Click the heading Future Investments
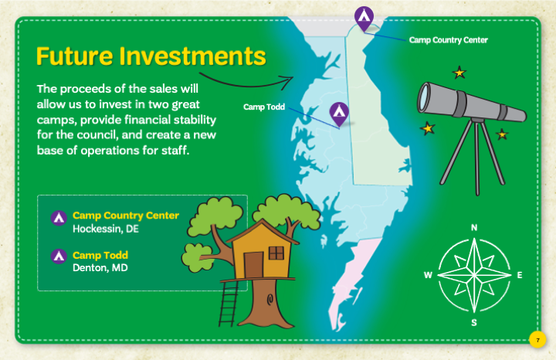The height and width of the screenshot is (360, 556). pyautogui.click(x=151, y=56)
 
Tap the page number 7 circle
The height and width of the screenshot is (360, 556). pyautogui.click(x=537, y=340)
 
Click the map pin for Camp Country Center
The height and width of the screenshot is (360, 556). pyautogui.click(x=364, y=18)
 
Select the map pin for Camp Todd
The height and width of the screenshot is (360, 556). pyautogui.click(x=339, y=114)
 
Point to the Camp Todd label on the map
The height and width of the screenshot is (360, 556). pyautogui.click(x=264, y=107)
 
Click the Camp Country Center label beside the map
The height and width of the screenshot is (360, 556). pyautogui.click(x=448, y=40)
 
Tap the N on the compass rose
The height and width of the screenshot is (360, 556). pyautogui.click(x=474, y=227)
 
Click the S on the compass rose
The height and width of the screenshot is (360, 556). pyautogui.click(x=474, y=322)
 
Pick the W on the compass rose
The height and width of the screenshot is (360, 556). pyautogui.click(x=428, y=275)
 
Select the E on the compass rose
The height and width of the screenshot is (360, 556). pyautogui.click(x=520, y=275)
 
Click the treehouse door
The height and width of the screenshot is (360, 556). pyautogui.click(x=253, y=265)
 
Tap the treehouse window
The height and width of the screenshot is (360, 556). pyautogui.click(x=276, y=253)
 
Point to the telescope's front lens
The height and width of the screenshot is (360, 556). pyautogui.click(x=423, y=97)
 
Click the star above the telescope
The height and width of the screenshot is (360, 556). pyautogui.click(x=459, y=73)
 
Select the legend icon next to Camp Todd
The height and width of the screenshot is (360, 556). pyautogui.click(x=59, y=256)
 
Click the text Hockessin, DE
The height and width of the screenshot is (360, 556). pyautogui.click(x=106, y=229)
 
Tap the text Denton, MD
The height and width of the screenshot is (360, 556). pyautogui.click(x=100, y=268)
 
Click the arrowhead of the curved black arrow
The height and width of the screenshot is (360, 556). pyautogui.click(x=287, y=82)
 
